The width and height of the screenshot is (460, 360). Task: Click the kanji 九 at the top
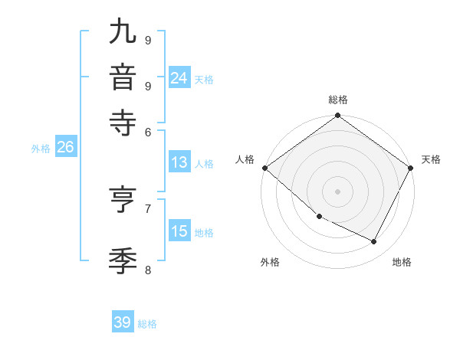pos(122,32)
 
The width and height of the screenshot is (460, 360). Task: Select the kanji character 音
pos(122,78)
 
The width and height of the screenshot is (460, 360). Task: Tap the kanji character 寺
pos(122,123)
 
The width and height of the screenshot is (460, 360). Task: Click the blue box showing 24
pos(179,78)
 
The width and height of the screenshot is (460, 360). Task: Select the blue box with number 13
pos(179,162)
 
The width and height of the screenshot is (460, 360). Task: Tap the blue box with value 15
pos(179,231)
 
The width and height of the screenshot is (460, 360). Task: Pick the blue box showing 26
pos(65,148)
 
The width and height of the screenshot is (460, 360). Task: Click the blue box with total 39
pos(123,322)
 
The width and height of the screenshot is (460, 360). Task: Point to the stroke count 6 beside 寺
pos(148,131)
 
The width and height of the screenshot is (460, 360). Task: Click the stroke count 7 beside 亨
pos(148,208)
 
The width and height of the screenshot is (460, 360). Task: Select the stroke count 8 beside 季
pos(148,269)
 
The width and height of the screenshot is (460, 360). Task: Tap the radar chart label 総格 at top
pos(338,100)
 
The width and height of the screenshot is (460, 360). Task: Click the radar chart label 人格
pos(245,159)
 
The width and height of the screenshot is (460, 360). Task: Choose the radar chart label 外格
pos(270,262)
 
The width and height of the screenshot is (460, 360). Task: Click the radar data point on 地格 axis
pos(374,242)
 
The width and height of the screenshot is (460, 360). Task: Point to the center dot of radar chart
pos(338,191)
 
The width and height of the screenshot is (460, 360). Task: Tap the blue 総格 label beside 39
pos(147,324)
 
